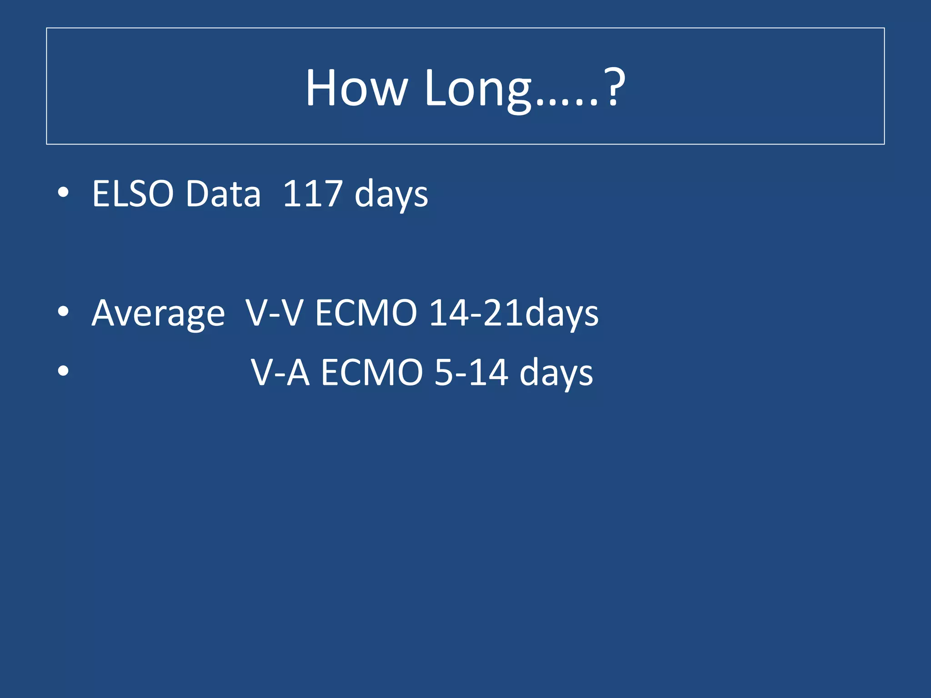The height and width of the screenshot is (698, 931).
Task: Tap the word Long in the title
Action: [x=477, y=89]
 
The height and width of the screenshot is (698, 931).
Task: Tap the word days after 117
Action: [x=391, y=195]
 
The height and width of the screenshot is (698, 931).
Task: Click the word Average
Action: [x=158, y=314]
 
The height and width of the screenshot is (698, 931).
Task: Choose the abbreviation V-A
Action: [x=280, y=373]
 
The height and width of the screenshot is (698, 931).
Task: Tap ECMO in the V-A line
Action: [x=372, y=373]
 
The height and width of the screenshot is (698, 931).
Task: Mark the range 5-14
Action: [x=471, y=373]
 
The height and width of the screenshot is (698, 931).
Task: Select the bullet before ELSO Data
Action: [x=63, y=193]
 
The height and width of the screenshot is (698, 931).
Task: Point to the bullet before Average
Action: [x=63, y=312]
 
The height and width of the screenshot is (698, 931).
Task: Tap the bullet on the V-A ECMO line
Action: [x=63, y=371]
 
